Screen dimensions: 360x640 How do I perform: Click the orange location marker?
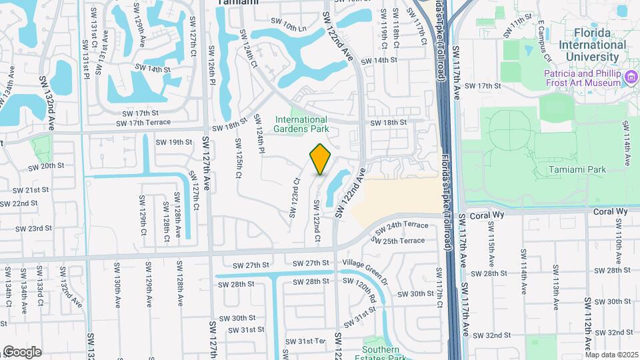321,159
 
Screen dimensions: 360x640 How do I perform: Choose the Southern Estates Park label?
381,354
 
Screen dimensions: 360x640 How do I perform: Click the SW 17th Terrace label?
143,123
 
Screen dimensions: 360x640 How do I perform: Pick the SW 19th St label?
174,142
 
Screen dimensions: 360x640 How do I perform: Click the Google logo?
22,352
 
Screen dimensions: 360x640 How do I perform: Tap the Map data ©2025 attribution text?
611,355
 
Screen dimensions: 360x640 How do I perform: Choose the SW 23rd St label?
35,228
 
